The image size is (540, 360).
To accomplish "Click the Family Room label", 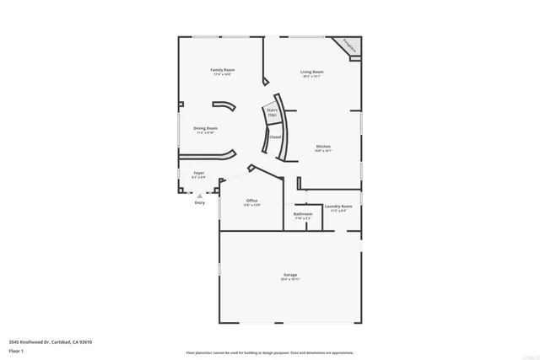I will point(223,69).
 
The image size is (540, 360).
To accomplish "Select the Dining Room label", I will point(206,128).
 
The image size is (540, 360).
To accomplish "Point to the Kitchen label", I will point(323,146).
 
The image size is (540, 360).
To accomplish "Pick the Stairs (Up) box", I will point(273,112).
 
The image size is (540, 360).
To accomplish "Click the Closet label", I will point(275,137).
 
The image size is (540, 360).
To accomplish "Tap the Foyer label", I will point(199,173).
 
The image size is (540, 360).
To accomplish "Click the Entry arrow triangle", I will point(200,195).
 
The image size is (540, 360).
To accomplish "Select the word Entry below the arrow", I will point(200,202).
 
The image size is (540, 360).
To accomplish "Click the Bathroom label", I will point(303,213).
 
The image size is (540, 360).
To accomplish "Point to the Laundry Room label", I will point(338,206).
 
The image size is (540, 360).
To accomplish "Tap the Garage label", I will point(289,276).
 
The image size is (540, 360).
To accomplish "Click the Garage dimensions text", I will point(289,280).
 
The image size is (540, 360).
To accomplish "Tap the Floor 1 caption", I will point(17,350).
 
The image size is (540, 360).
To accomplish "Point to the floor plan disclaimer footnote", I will point(269,352).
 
